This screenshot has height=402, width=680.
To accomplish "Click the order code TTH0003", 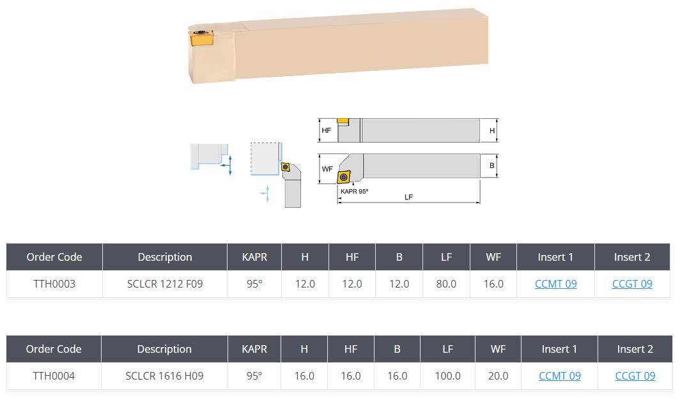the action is coord(54,284).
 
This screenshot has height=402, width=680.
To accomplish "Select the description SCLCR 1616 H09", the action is coord(164,376).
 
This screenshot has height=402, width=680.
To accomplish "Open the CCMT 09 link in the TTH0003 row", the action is coord(555,284).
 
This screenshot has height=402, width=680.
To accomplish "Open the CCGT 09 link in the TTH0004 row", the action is coord(635,376).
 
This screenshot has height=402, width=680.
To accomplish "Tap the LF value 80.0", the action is coord(446,284).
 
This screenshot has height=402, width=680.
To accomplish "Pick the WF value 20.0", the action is coord(498,376).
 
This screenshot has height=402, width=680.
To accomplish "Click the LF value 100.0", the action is coord(447,376).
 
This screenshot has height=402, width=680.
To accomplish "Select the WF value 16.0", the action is coord(493,284).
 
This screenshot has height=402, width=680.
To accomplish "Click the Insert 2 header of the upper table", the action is coord(632,257).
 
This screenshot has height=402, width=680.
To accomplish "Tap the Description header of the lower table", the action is coord(164,349).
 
